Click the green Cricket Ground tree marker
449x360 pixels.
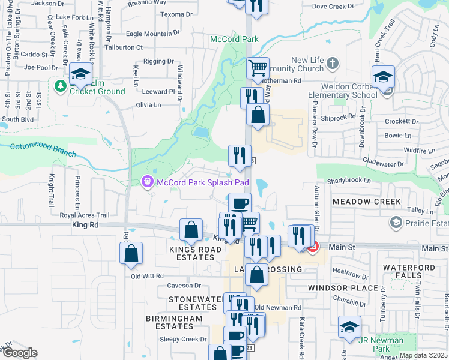tap(60, 86)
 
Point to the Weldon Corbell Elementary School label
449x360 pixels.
tap(342, 91)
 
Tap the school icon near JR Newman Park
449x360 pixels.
tap(349, 326)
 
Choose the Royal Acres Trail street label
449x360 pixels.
tap(85, 215)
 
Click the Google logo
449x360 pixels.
tap(20, 353)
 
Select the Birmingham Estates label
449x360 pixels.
tap(170, 322)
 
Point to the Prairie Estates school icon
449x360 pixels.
tap(396, 223)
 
